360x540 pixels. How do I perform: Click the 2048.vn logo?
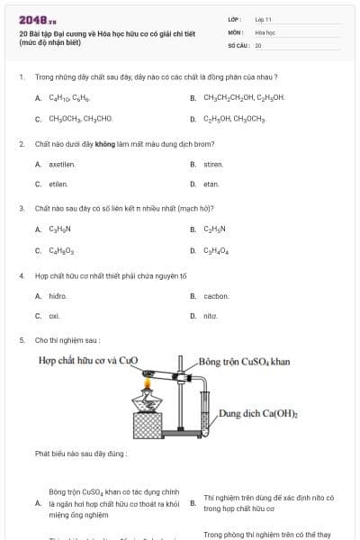37,20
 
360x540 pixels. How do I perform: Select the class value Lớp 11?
263,19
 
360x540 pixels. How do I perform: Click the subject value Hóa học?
265,31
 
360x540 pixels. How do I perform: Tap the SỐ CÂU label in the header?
237,45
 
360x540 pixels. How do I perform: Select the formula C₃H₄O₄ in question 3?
216,252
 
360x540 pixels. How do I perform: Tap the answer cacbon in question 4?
216,296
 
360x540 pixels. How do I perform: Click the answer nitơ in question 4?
211,317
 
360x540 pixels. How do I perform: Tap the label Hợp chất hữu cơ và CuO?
87,361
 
